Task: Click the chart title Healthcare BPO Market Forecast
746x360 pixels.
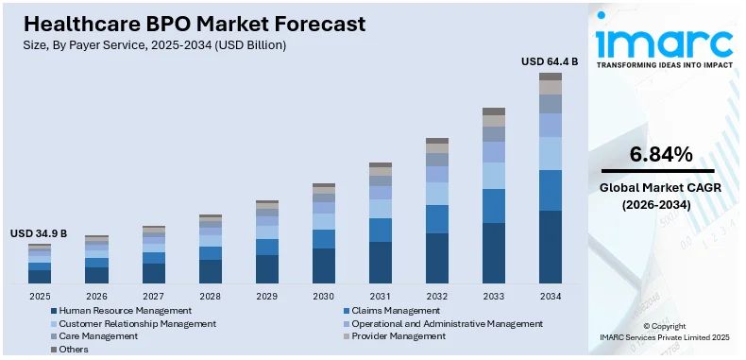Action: pyautogui.click(x=188, y=23)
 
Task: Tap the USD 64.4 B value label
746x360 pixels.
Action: pyautogui.click(x=550, y=61)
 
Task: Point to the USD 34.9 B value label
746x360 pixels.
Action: pyautogui.click(x=39, y=233)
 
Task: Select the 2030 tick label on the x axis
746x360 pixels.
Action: pyautogui.click(x=324, y=296)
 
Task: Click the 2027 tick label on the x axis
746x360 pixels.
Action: pyautogui.click(x=153, y=296)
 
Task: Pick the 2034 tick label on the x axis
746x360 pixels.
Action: pyautogui.click(x=551, y=296)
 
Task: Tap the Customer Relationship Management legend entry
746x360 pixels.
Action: pyautogui.click(x=137, y=323)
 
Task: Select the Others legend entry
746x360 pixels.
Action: pyautogui.click(x=73, y=349)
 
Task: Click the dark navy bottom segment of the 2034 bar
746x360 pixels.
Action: pyautogui.click(x=551, y=247)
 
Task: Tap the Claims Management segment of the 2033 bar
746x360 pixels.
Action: pyautogui.click(x=494, y=206)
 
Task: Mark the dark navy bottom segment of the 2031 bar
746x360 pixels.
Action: pyautogui.click(x=381, y=262)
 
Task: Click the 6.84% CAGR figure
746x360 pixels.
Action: pyautogui.click(x=661, y=154)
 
